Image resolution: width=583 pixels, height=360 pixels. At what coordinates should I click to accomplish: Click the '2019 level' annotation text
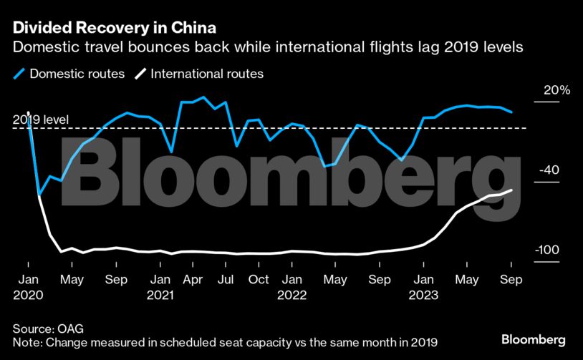point(41,120)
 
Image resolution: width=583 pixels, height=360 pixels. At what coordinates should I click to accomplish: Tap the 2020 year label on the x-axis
point(29,294)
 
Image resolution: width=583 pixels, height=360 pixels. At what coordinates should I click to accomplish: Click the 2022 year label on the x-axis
point(291,294)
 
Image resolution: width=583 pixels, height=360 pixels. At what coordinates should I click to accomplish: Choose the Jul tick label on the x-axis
point(226,279)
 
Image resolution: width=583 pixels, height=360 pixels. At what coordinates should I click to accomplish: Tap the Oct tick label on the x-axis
point(259,279)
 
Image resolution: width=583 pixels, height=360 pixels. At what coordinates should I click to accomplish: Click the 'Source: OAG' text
point(48,329)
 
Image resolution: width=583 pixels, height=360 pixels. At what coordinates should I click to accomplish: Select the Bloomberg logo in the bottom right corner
point(533,339)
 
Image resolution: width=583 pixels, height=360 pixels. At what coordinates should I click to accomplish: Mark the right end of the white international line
point(511,190)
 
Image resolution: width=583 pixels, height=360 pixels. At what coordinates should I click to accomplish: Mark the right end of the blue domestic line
point(511,112)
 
